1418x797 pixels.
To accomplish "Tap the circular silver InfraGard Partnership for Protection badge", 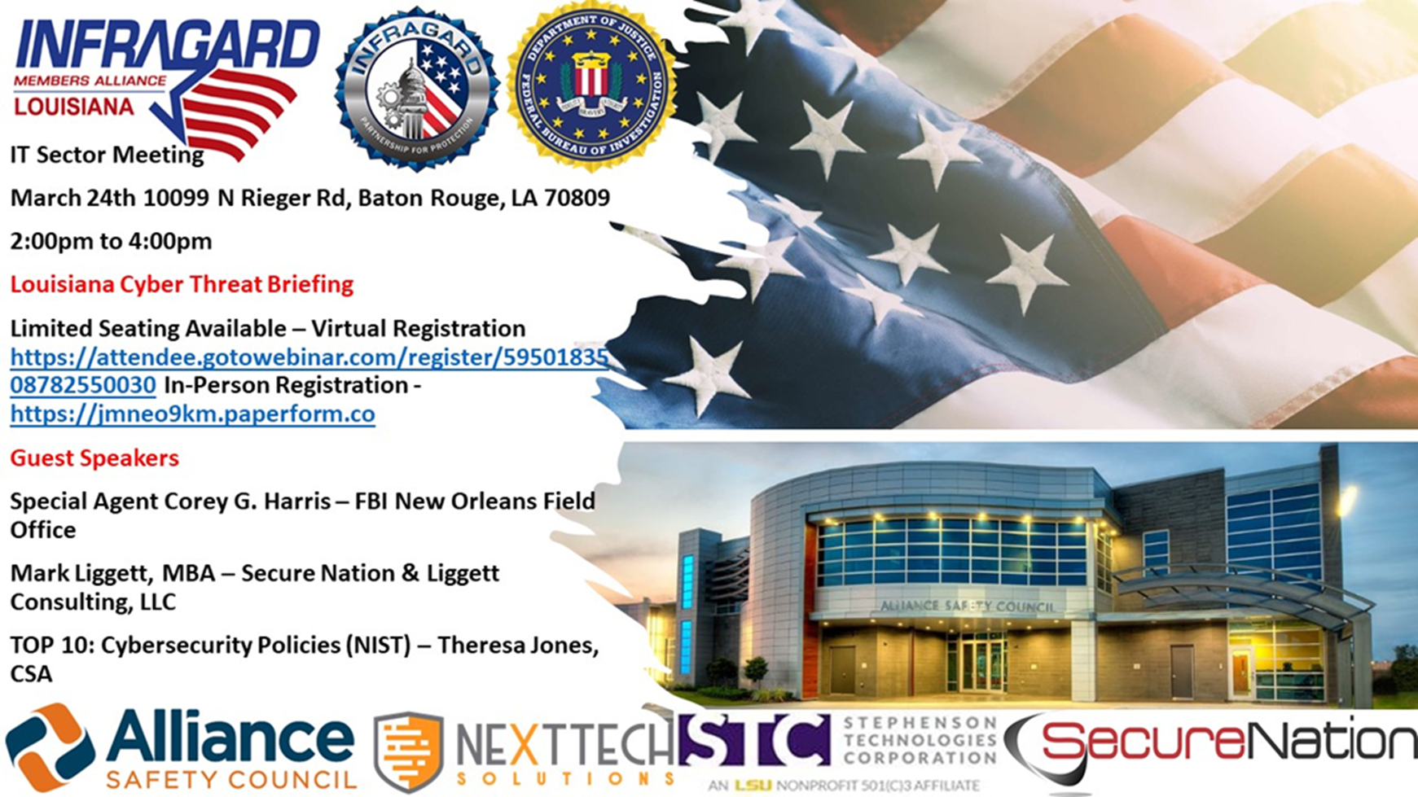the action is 417,88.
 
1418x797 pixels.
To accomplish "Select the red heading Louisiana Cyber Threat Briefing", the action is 182,284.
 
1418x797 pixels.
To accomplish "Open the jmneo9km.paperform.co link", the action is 192,414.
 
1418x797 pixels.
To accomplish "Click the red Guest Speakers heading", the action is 94,458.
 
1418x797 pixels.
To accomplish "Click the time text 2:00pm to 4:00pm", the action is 111,241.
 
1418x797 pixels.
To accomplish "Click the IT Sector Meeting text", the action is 107,155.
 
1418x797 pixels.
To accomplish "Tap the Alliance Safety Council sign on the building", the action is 967,606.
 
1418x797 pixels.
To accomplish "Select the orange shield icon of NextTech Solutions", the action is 408,751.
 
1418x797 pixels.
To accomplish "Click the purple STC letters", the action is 753,740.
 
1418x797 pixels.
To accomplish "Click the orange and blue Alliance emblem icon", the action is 49,747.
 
